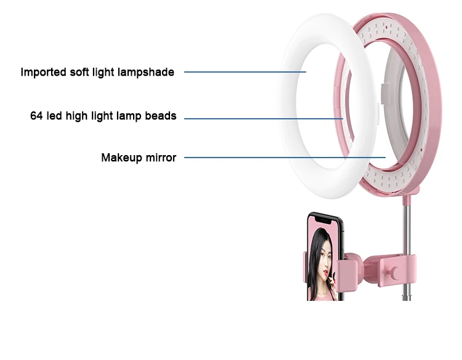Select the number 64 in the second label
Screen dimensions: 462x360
[36, 116]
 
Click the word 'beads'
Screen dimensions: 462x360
[162, 116]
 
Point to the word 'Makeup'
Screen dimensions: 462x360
[122, 158]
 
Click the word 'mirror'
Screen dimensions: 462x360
[161, 158]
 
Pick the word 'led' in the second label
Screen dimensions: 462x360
[55, 116]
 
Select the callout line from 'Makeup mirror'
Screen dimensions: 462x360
[283, 158]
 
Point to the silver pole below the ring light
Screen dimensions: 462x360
[407, 228]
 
